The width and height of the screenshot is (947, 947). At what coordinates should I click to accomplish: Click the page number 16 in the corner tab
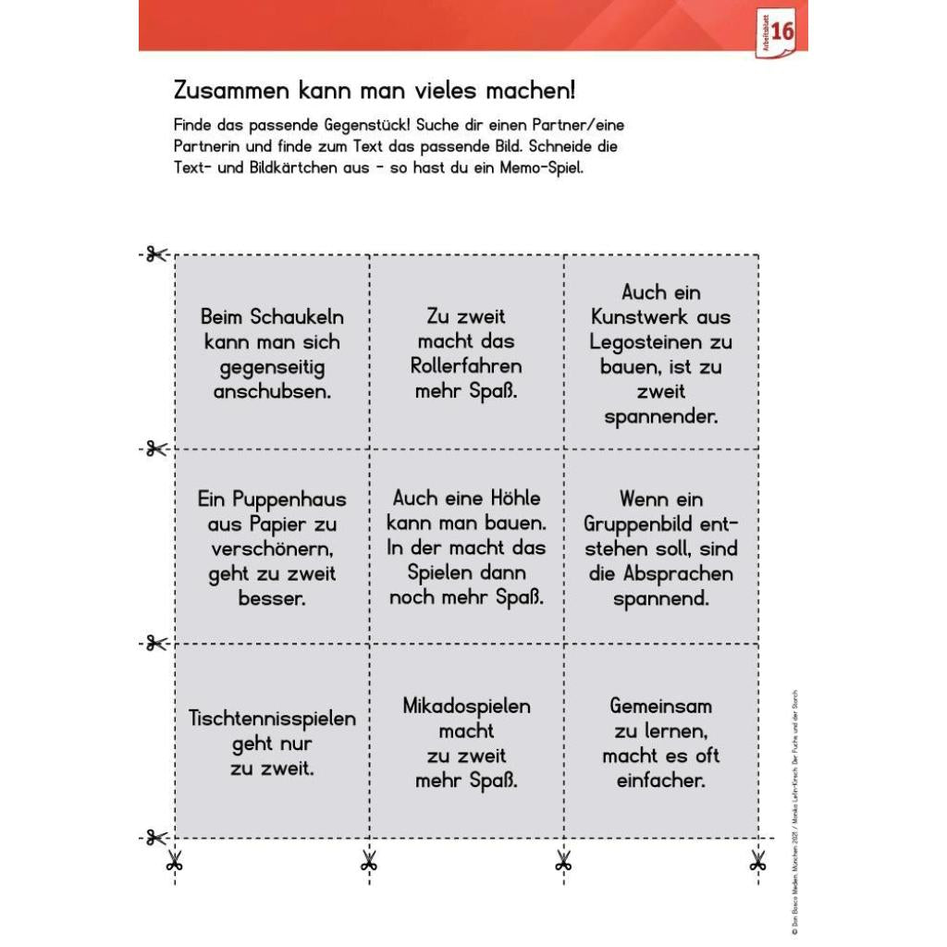point(781,31)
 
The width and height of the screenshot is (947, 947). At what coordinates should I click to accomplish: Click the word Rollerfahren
point(466,366)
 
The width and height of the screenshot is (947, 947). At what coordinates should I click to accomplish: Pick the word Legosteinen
point(661,342)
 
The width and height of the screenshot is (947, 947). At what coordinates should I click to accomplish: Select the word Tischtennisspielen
point(272,719)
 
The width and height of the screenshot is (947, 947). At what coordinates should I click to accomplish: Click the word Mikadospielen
point(466,707)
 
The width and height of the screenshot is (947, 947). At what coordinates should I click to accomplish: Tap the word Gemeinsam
point(661,707)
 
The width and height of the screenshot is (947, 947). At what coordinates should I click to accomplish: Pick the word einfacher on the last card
point(661,781)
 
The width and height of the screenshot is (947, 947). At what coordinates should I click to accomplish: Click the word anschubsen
point(272,391)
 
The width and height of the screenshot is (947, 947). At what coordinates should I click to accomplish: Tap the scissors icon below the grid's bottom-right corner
point(758,863)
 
